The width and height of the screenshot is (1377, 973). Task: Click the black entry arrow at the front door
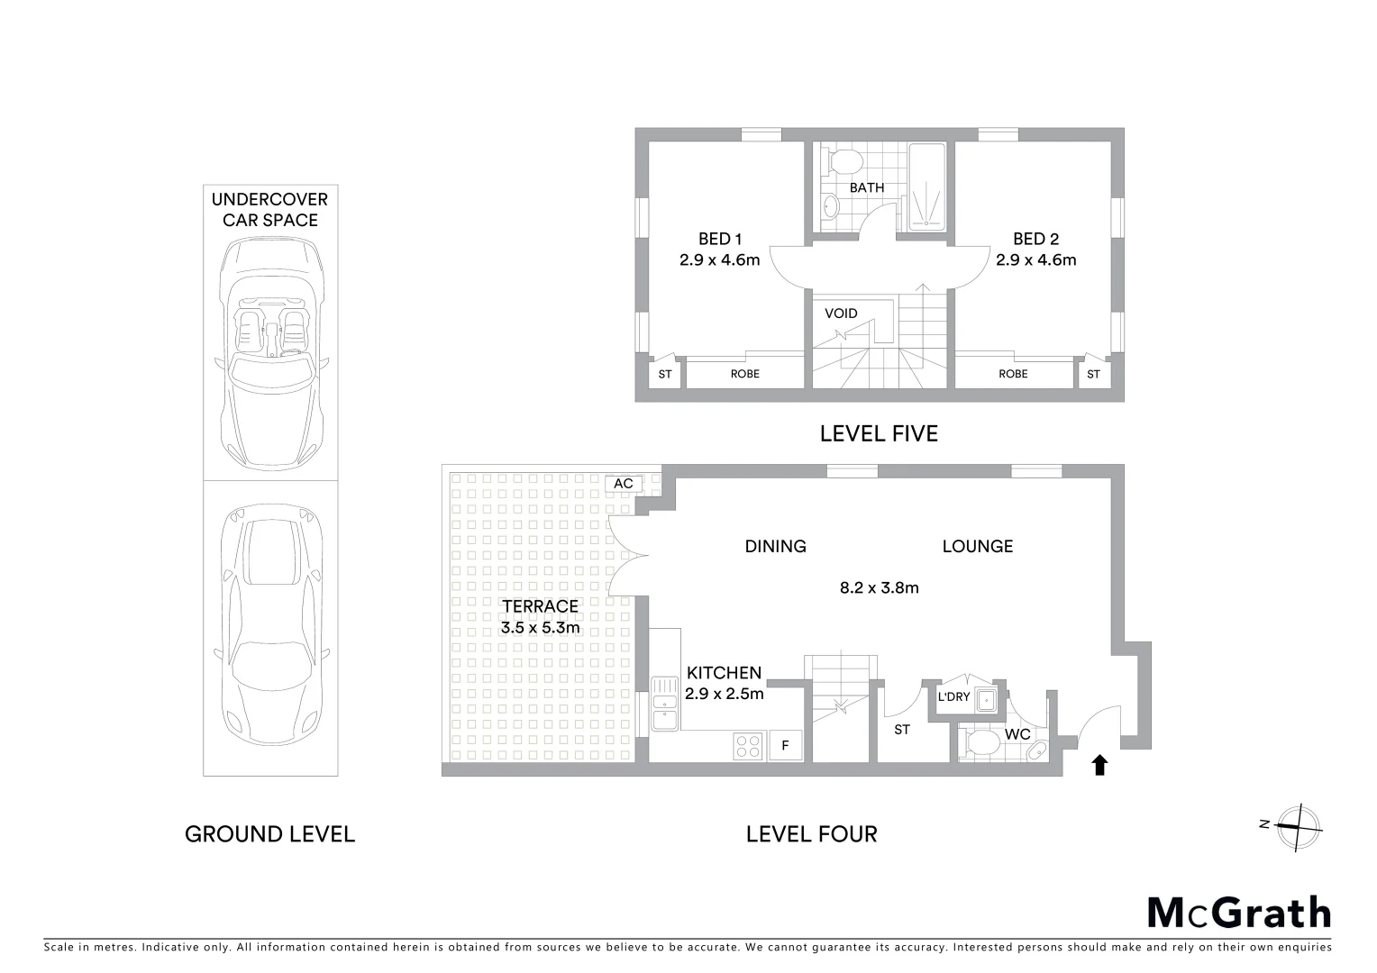tap(1099, 765)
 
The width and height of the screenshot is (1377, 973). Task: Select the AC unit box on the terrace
tap(624, 484)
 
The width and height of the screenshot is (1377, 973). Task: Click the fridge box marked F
tap(785, 745)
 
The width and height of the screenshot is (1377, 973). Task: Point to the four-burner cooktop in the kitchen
tap(748, 746)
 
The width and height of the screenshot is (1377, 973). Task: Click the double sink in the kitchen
tap(665, 703)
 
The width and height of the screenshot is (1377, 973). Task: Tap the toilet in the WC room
tap(980, 743)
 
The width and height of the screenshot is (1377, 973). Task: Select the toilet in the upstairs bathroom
tap(844, 162)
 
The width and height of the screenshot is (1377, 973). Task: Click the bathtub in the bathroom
tap(926, 186)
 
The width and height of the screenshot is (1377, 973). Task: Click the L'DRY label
tap(953, 696)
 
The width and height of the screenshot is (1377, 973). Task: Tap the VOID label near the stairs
tap(841, 314)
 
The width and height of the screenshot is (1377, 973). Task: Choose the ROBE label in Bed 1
tap(744, 373)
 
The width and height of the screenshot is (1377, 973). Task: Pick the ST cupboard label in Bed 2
tap(1093, 374)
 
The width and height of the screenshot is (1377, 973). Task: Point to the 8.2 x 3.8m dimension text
tap(879, 588)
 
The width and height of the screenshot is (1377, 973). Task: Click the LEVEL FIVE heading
tap(879, 434)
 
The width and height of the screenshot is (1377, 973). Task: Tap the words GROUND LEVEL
tap(269, 834)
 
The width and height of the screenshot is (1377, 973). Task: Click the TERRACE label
tap(541, 606)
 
